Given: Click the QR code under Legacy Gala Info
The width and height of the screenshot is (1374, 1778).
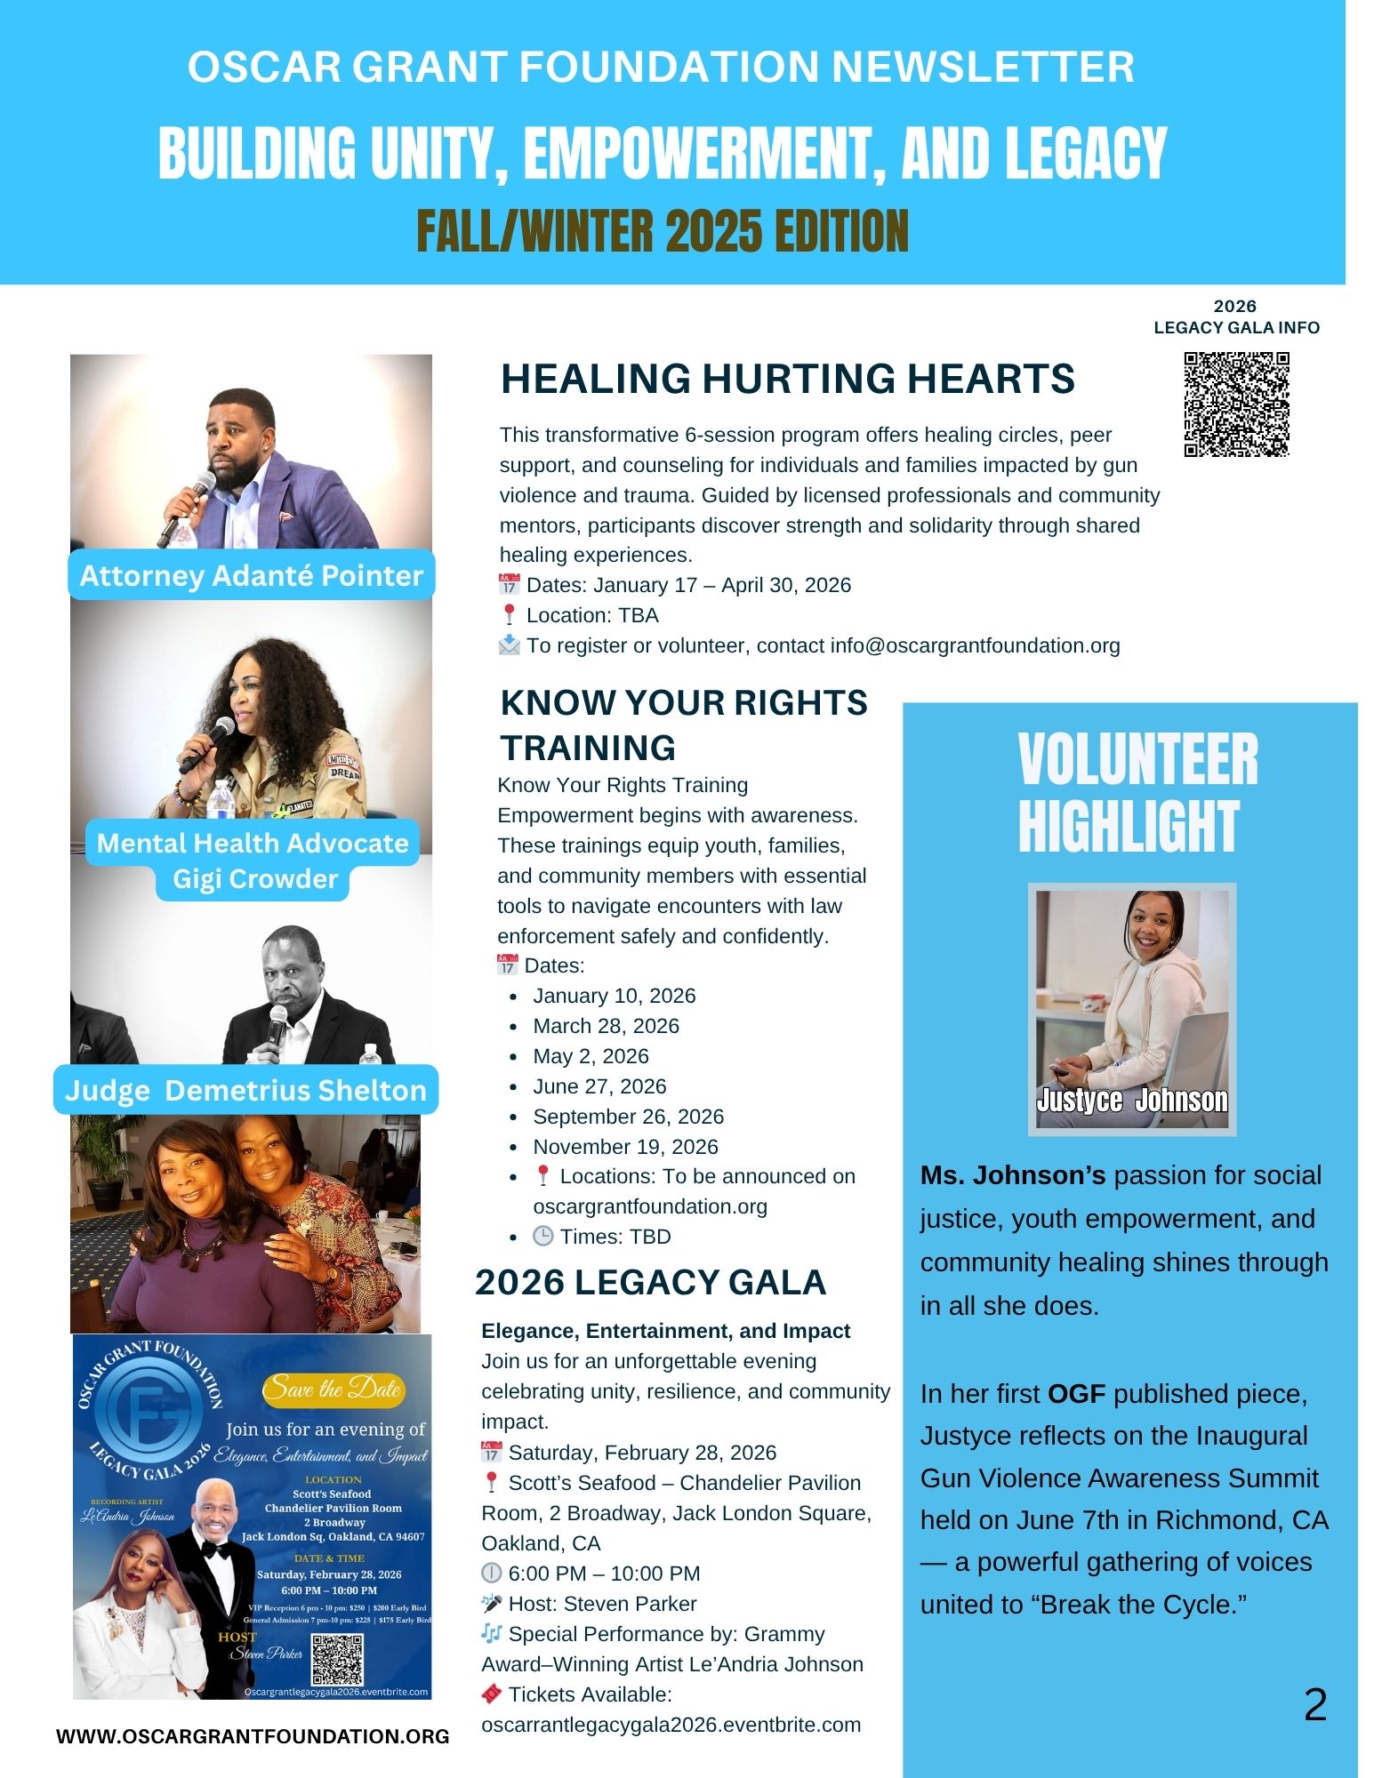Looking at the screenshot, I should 1236,404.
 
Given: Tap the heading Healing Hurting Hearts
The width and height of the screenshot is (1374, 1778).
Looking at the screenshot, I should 787,379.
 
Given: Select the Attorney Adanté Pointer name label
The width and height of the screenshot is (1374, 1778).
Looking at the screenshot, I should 251,575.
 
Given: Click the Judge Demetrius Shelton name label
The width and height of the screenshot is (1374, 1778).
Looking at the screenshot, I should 245,1090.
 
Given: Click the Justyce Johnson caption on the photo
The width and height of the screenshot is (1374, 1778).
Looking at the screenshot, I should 1131,1101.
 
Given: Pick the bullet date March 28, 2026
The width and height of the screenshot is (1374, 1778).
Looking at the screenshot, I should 606,1026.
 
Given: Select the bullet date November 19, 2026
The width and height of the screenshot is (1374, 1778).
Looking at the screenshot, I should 625,1147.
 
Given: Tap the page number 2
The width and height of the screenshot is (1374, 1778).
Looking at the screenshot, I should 1314,1705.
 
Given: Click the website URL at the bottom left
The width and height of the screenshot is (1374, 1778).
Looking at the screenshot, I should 253,1736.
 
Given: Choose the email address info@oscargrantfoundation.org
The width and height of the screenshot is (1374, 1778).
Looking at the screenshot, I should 975,645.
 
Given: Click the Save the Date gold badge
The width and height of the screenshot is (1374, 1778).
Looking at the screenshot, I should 333,1390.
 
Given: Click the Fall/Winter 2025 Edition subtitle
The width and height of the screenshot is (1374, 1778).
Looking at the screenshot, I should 663,231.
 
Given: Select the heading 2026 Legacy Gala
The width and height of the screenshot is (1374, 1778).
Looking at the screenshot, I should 650,1282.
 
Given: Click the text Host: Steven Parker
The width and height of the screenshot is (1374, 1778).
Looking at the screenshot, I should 602,1604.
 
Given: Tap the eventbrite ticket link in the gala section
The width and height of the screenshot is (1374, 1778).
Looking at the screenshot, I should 671,1725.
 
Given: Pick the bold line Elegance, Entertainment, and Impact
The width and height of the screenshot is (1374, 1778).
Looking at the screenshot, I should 665,1331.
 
